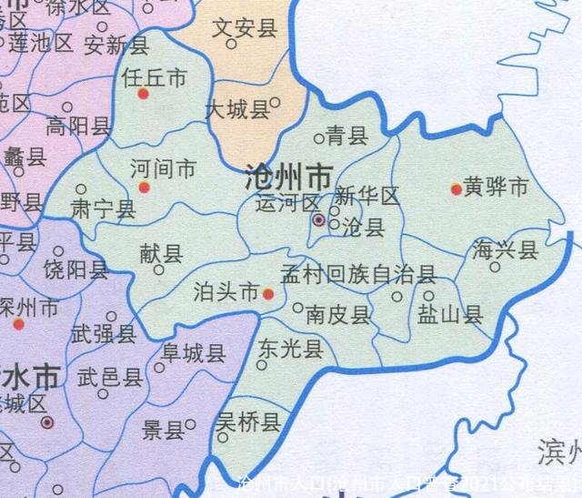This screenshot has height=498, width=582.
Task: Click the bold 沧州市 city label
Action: pos(288,176)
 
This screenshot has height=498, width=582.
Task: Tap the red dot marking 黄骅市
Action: pos(457,189)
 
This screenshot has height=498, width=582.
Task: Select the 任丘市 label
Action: pos(154,78)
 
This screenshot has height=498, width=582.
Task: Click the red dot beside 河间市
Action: pos(143,188)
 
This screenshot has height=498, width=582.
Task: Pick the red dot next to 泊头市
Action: pos(268,294)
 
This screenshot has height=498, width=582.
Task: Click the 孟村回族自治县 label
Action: pos(357,274)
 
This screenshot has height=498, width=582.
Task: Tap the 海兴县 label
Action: pos(506,249)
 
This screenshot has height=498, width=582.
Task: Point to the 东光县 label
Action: pos(290,349)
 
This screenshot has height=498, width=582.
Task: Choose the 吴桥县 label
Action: pos(248,421)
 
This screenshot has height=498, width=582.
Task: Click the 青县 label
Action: pos(346,137)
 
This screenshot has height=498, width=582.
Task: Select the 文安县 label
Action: pos(244,28)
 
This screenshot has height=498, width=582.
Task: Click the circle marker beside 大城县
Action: pos(276,102)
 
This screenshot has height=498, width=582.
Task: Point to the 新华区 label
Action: pos(367,196)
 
